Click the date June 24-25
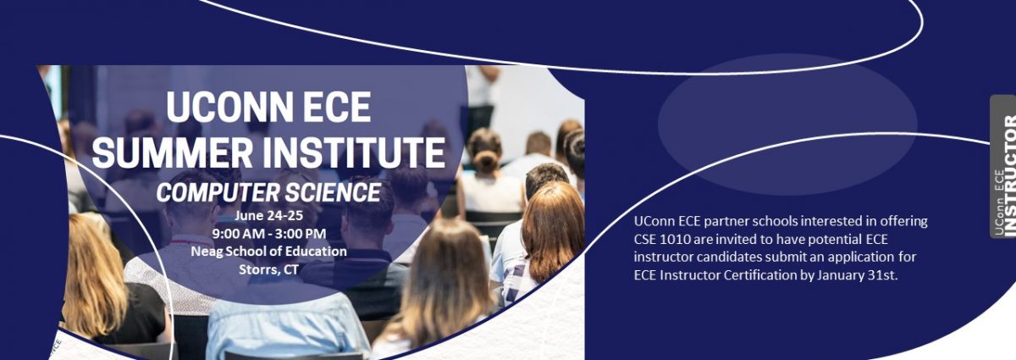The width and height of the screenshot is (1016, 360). click(269, 216)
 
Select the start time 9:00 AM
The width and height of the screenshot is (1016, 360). click(239, 234)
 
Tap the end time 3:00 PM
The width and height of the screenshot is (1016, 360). click(301, 234)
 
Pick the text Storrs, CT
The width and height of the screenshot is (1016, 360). click(269, 269)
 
